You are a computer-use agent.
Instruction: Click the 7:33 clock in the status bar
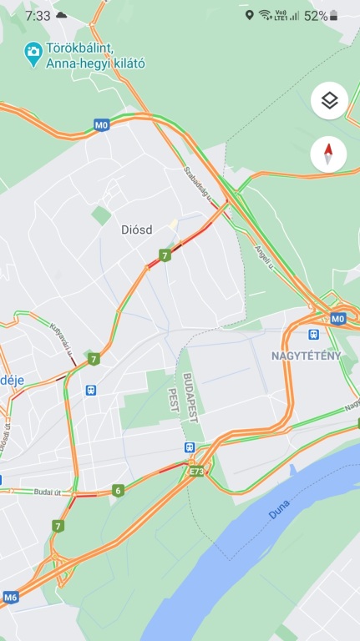[38, 15]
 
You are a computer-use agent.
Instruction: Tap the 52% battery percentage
[316, 15]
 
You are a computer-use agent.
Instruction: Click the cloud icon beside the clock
[62, 15]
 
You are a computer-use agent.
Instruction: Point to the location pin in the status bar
[249, 15]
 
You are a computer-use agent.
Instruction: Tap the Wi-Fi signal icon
[265, 15]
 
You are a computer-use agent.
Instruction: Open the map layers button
[329, 101]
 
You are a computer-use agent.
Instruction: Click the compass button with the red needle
[329, 154]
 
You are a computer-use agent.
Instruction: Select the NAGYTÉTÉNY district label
[306, 356]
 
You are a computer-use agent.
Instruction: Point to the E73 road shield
[196, 472]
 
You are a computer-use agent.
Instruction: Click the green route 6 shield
[118, 490]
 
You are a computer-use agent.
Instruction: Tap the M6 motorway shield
[11, 597]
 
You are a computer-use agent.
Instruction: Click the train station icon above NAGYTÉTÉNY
[314, 334]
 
